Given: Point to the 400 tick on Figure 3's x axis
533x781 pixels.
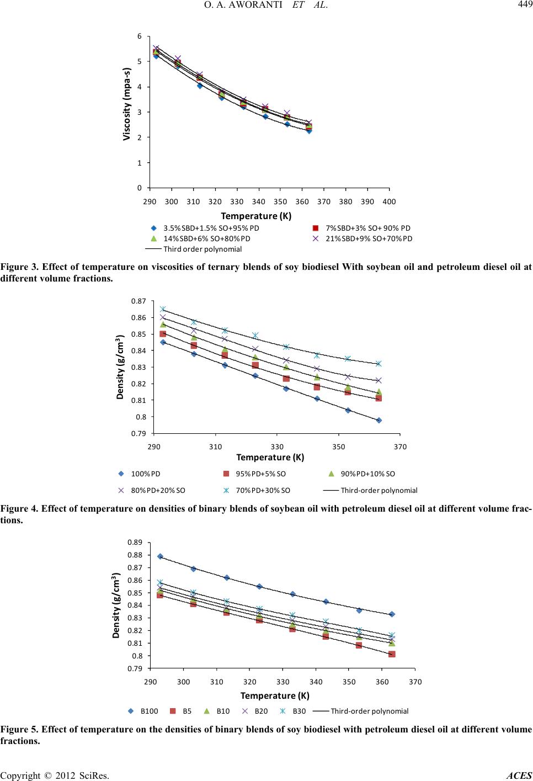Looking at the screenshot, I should tap(389, 202).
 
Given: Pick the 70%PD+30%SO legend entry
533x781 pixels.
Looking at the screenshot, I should tap(263, 490).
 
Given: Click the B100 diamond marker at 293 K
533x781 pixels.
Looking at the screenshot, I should tap(160, 556).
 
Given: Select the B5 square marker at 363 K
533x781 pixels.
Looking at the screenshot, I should tap(392, 654).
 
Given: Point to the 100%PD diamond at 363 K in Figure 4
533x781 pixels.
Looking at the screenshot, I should tap(379, 420).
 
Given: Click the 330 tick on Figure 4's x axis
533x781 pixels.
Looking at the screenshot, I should tap(278, 447).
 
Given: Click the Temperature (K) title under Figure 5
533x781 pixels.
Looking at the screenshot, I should tap(275, 695).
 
